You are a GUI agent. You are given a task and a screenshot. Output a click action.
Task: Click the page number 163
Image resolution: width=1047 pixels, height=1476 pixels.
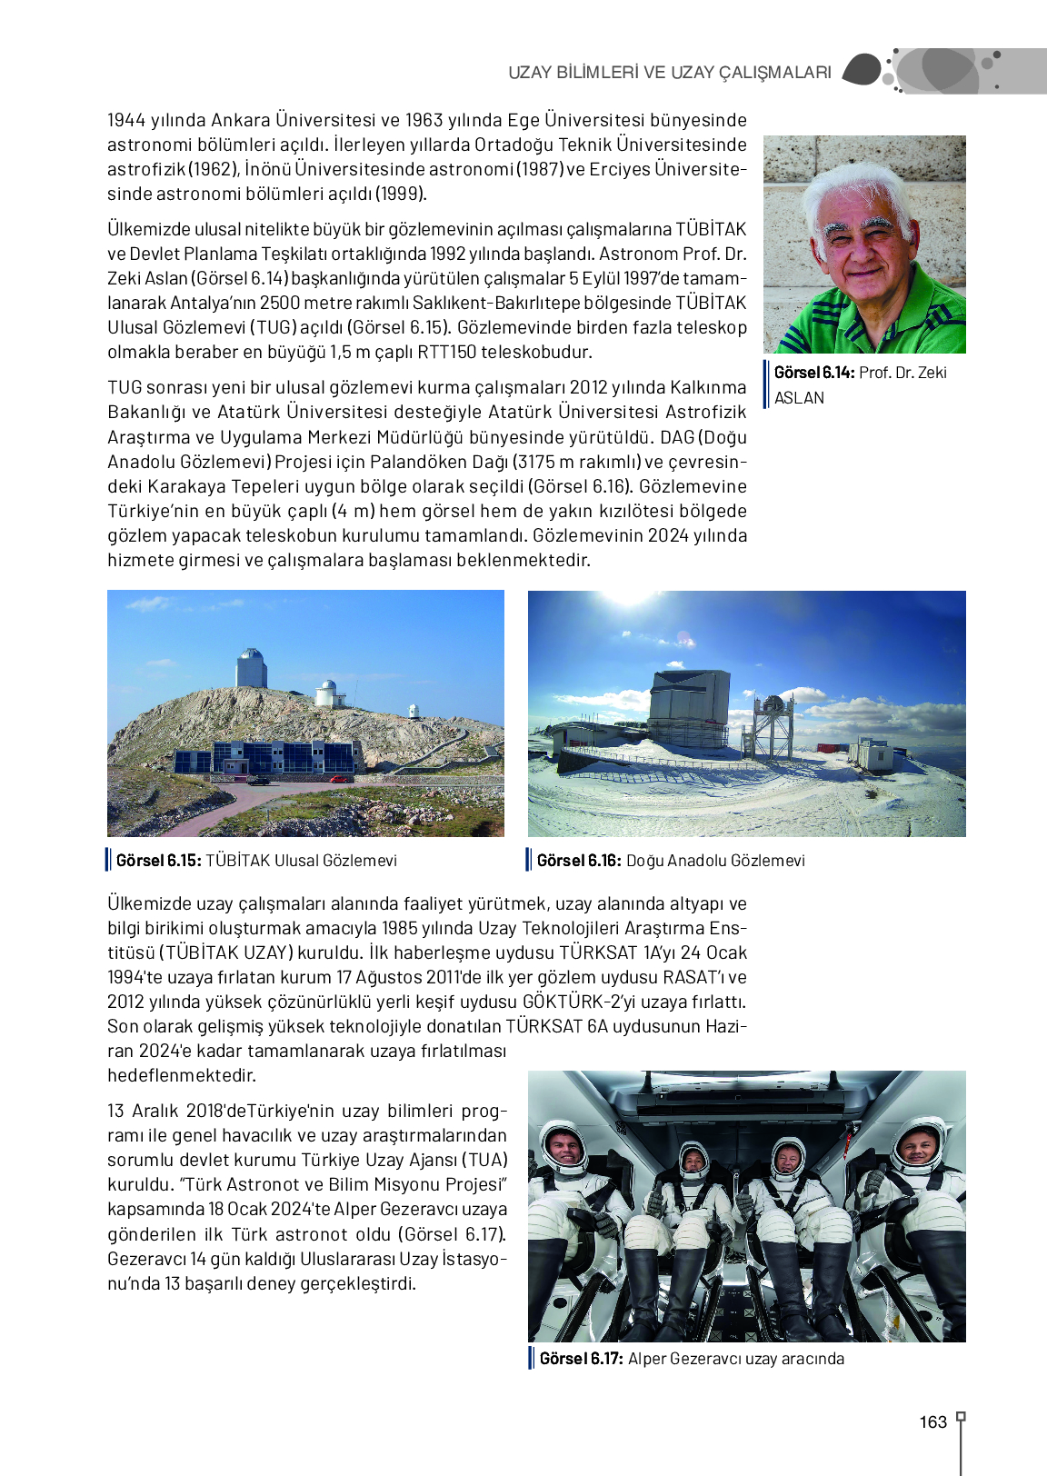click(932, 1422)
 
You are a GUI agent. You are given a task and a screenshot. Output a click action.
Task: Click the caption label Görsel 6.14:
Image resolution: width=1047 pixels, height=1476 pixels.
click(813, 373)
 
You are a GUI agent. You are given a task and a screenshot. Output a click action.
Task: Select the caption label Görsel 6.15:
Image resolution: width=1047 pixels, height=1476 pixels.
click(158, 861)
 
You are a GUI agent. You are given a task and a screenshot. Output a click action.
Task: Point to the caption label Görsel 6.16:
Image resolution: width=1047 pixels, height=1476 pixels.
click(579, 861)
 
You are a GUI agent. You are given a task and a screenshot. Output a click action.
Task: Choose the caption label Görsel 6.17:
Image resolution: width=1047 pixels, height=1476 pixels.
click(581, 1359)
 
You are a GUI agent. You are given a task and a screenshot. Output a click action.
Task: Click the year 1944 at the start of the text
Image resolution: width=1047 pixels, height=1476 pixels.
click(125, 121)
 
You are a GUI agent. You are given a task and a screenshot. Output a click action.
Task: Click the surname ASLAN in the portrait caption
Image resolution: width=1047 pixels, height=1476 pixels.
click(799, 398)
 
